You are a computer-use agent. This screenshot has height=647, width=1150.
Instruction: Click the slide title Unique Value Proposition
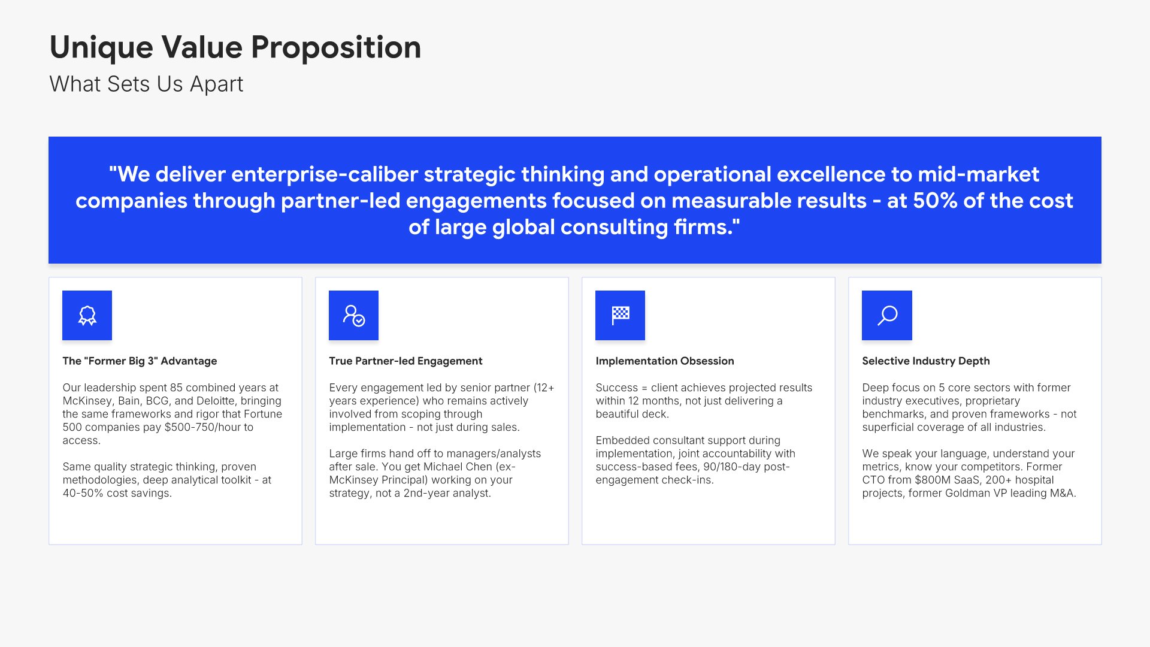click(235, 47)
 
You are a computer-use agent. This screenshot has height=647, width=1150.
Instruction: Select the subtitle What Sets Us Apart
click(146, 84)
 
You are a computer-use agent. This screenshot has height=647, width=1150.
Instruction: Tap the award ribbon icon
click(87, 315)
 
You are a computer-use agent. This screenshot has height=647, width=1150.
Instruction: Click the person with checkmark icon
click(353, 315)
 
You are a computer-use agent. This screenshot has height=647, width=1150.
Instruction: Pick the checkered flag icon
click(620, 315)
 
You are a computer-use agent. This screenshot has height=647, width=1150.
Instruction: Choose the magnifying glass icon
click(887, 315)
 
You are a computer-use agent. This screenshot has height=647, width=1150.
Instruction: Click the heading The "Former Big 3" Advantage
click(140, 361)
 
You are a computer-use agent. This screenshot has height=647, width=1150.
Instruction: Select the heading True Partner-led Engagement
click(405, 361)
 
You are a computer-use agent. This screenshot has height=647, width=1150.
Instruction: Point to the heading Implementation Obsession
click(664, 361)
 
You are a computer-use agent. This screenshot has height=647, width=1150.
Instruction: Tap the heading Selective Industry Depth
click(925, 361)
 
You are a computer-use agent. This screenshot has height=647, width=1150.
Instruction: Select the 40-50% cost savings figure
click(117, 493)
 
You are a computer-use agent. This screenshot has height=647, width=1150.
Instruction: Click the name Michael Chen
click(458, 467)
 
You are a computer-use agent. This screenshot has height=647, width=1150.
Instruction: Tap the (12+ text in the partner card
click(544, 388)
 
